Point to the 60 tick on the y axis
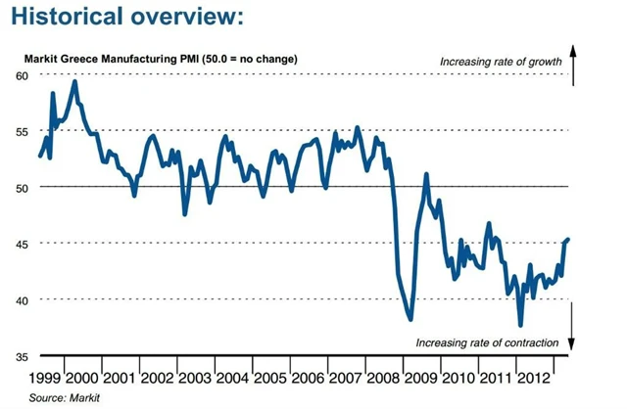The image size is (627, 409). (x=22, y=75)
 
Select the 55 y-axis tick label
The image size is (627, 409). (x=22, y=131)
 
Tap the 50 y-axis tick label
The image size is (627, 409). (x=22, y=187)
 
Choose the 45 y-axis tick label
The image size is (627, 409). (x=22, y=244)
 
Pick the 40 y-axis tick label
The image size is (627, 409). (x=22, y=299)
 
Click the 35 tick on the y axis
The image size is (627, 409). (x=22, y=356)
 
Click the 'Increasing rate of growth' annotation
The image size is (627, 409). (x=500, y=63)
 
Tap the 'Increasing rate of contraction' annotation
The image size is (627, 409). (x=487, y=342)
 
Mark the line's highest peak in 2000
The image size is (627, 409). (x=75, y=82)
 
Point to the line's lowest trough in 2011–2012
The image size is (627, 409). (x=520, y=325)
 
